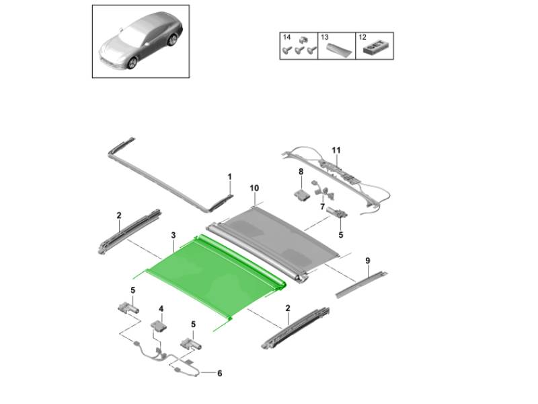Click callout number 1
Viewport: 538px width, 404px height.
coord(229,176)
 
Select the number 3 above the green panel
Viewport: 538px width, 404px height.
coord(174,235)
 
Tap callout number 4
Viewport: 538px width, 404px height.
coord(161,309)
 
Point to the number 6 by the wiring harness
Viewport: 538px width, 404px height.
coord(220,373)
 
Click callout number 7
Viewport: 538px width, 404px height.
coord(322,207)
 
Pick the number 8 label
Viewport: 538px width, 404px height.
coord(301,171)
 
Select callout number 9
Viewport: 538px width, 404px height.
coord(368,261)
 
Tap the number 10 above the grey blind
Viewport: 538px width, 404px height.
coord(254,188)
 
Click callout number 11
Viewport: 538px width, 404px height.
coord(336,150)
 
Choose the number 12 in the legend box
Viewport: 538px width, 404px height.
coord(362,37)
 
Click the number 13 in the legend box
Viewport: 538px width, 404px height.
coord(325,37)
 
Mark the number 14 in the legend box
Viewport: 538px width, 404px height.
coord(286,37)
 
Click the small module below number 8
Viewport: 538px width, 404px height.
coord(302,195)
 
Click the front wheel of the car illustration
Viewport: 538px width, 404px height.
coord(132,62)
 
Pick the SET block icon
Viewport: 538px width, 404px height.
coord(374,48)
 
